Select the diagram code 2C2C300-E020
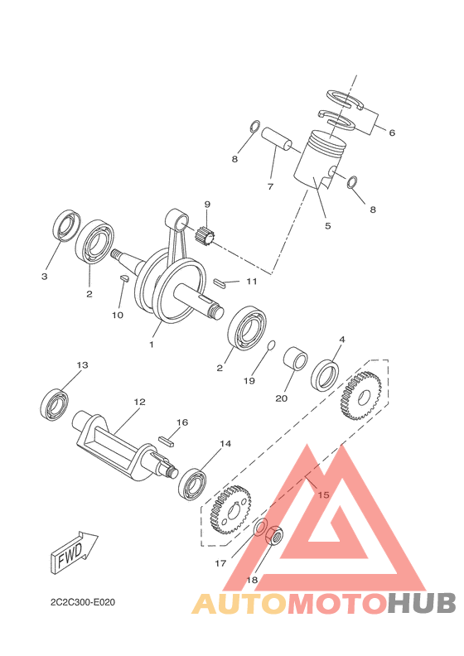coord(82,601)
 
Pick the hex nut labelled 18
coord(275,539)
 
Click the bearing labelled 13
coord(56,403)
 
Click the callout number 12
coord(139,402)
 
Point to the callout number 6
coord(392,133)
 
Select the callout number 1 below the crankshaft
coord(152,343)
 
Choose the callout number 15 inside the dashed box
coord(323,494)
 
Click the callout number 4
coord(341,339)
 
